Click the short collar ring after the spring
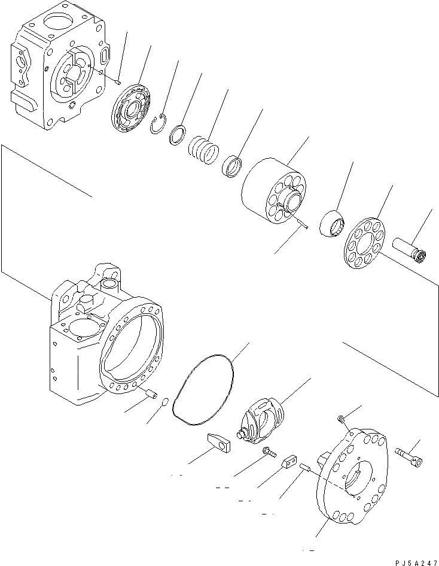[x=231, y=166]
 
